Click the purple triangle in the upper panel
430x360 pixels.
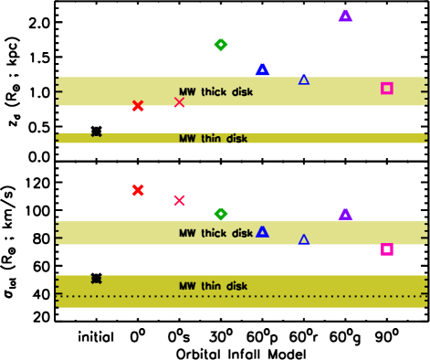click(345, 16)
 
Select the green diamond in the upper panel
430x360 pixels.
click(221, 45)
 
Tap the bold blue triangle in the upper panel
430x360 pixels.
click(262, 69)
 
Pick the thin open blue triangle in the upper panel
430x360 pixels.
click(304, 79)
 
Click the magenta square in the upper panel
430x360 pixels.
click(387, 89)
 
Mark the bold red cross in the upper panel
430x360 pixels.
click(138, 106)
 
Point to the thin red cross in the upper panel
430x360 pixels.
click(180, 102)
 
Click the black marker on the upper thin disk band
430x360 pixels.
click(96, 133)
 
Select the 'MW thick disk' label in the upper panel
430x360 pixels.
click(215, 92)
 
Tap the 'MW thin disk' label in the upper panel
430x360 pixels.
click(213, 139)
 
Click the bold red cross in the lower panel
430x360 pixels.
click(138, 190)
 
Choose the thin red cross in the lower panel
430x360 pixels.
click(180, 200)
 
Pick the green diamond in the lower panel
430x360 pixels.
click(221, 214)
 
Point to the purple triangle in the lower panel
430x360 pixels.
click(345, 214)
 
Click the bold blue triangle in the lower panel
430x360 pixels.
click(262, 232)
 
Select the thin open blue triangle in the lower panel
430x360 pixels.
click(304, 239)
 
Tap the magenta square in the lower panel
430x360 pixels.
click(387, 249)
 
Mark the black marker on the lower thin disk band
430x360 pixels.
click(96, 279)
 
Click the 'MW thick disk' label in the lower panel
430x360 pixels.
click(215, 234)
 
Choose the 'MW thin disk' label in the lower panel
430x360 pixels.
click(213, 287)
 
